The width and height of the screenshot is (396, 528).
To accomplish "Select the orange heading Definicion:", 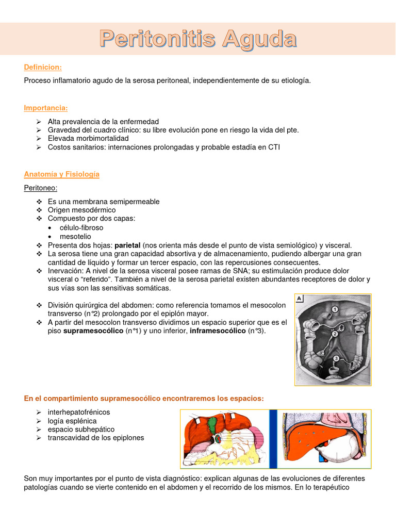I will point(43,68).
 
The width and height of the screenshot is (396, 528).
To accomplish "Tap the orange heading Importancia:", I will point(46,108).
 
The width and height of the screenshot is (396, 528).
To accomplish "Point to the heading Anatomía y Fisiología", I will point(62,174).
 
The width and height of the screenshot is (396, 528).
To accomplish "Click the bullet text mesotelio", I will point(76,236).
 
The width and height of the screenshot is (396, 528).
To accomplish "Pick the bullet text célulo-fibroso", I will point(81,227).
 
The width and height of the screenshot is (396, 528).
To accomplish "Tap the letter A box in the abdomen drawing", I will point(300,298).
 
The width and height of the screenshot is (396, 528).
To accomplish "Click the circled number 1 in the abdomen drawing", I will point(335,309).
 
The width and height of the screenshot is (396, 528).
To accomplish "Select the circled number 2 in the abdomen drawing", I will point(335,334).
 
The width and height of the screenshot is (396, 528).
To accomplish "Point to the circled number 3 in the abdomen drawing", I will point(336,357).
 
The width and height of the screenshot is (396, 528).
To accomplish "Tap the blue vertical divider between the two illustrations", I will point(273,439).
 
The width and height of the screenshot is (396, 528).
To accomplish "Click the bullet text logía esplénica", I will point(72,421).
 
